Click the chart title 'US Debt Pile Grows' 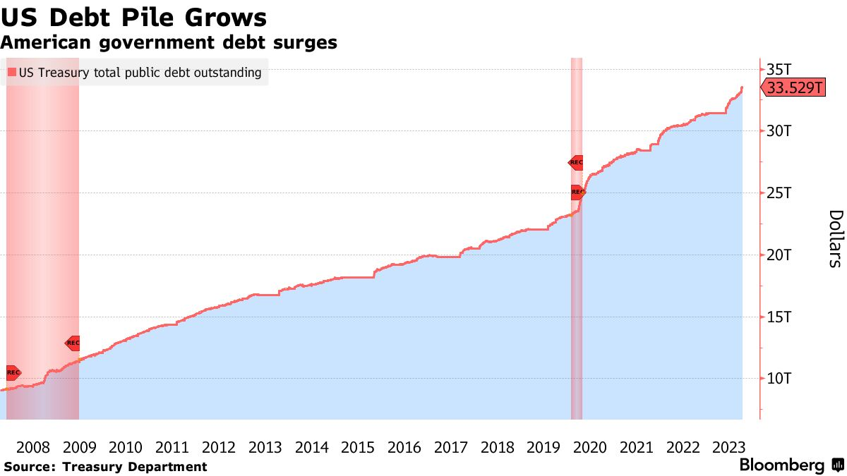[x=134, y=16]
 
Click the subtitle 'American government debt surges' [x=169, y=42]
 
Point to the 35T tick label [x=779, y=69]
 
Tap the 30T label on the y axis [x=779, y=131]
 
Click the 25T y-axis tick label [x=779, y=193]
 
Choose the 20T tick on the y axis [x=779, y=255]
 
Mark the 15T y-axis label [x=779, y=317]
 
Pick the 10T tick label [x=779, y=379]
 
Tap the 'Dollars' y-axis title [x=835, y=238]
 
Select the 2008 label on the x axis [x=32, y=447]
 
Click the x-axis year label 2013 [x=265, y=447]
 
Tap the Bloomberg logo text [x=781, y=465]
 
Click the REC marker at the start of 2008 [x=13, y=372]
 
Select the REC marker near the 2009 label [x=73, y=343]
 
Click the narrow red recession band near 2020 [x=577, y=282]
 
